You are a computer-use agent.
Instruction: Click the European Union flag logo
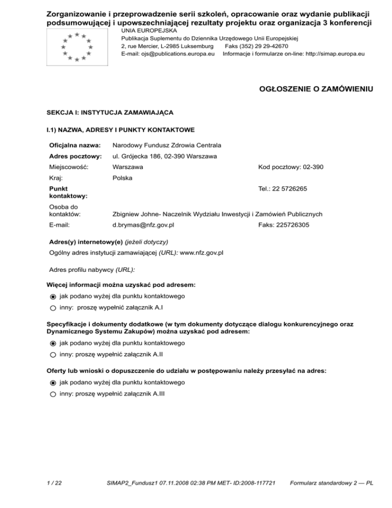(77, 46)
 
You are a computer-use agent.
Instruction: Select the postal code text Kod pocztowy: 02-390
(290, 167)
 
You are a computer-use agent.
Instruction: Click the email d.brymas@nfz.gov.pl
(143, 224)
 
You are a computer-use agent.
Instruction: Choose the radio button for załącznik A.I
(53, 308)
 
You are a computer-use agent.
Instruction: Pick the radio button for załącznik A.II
(53, 354)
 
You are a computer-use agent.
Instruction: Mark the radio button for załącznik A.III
(53, 394)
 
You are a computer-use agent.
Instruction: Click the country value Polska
(122, 178)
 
